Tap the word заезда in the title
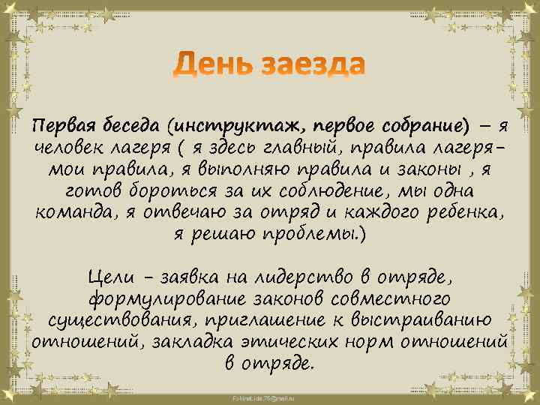pyautogui.click(x=313, y=66)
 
